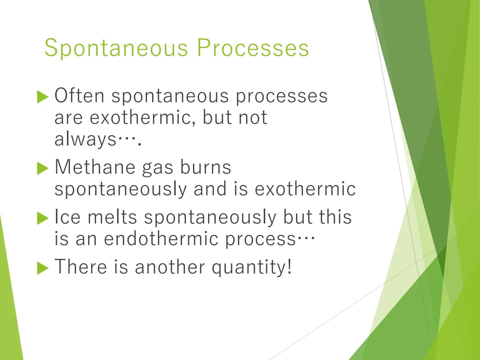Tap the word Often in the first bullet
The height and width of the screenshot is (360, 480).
point(79,96)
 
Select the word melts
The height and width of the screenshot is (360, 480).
point(112,217)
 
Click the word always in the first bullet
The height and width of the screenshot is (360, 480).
point(85,139)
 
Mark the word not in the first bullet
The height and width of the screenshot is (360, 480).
point(253,117)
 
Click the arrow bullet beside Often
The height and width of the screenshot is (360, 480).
point(43,97)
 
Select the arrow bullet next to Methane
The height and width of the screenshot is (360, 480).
point(43,168)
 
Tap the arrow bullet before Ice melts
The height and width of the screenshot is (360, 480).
point(43,218)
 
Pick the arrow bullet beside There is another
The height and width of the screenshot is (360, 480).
point(43,268)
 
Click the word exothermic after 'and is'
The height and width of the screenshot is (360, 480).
point(305,189)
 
